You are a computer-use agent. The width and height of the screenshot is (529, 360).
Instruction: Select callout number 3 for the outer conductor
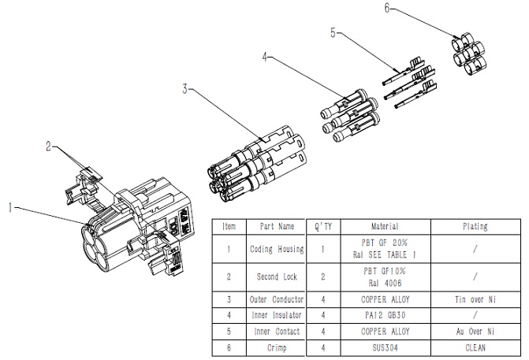tap(184, 89)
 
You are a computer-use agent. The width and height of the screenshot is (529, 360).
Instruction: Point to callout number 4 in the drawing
tap(266, 57)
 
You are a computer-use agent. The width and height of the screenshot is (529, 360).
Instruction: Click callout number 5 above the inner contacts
tap(333, 33)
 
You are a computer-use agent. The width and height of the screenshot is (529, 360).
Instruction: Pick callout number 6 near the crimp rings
tap(387, 9)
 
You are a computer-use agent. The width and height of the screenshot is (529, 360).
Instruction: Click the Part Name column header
tap(276, 226)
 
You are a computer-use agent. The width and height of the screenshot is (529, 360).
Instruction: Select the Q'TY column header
tap(322, 226)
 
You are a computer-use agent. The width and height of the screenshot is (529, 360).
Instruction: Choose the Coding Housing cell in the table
tap(276, 251)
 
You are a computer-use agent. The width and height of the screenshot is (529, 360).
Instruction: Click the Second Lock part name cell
tap(276, 277)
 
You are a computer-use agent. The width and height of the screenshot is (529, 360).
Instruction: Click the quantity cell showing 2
tap(322, 277)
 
